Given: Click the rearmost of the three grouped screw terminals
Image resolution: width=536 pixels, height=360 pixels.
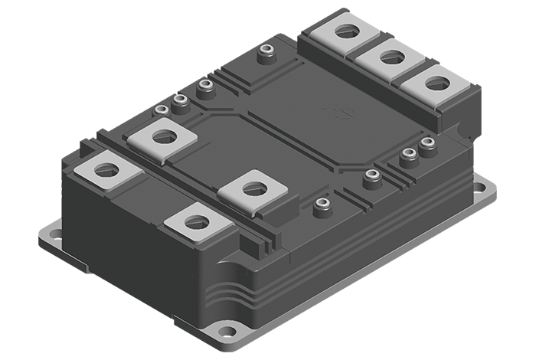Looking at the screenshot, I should (346, 31).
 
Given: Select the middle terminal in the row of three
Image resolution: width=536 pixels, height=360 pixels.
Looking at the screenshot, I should (391, 56).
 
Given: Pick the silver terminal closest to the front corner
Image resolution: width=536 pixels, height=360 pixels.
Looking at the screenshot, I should (197, 221).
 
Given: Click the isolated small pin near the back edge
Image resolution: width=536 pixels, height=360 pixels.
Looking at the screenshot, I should (267, 51).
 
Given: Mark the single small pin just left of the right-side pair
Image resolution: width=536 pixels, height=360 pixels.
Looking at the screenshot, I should (372, 176).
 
